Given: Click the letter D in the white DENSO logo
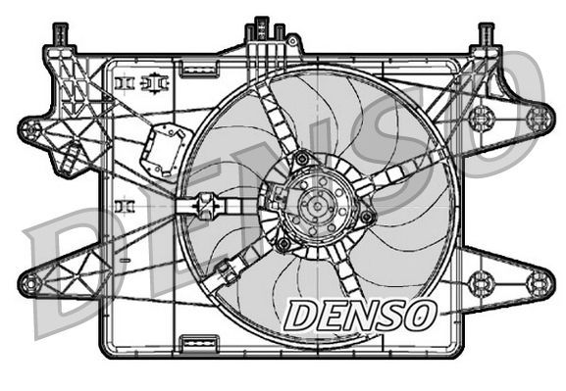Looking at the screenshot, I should (x=301, y=315).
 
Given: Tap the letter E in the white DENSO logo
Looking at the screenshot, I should (x=330, y=315).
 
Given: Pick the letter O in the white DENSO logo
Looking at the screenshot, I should (x=419, y=315).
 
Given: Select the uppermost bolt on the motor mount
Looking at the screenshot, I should (x=302, y=157).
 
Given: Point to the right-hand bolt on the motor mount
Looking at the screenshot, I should (x=367, y=216).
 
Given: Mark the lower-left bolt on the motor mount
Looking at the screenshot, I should (x=283, y=243).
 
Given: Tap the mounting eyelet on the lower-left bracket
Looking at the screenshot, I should (x=30, y=284).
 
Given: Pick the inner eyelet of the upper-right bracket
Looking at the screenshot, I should (x=480, y=120).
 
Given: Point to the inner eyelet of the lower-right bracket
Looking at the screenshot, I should (x=480, y=283).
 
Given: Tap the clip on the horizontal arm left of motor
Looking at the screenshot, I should (x=206, y=208).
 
